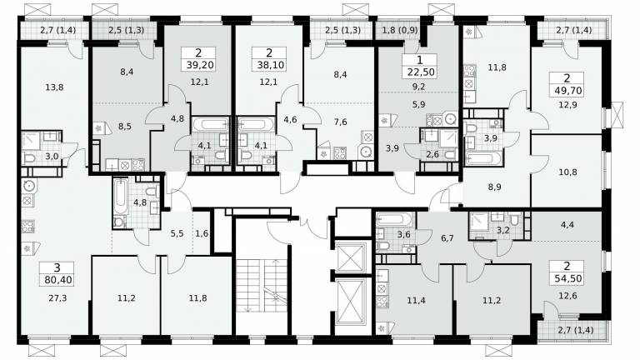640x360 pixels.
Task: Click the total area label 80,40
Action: (57, 280)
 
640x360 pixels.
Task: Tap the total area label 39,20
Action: (199, 65)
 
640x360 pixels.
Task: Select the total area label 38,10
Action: (269, 65)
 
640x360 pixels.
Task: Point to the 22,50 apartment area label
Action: (420, 72)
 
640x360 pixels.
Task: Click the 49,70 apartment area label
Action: (567, 90)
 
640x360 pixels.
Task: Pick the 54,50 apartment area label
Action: (567, 279)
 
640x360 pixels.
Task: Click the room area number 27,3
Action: (57, 298)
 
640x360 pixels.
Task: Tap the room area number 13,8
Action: (55, 87)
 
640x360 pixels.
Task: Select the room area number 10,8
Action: (567, 172)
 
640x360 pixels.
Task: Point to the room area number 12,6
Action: (567, 296)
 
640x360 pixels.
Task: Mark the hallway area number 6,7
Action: (447, 238)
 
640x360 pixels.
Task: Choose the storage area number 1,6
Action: (202, 233)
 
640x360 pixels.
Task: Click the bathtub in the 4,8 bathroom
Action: (121, 197)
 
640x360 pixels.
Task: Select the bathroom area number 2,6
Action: (432, 154)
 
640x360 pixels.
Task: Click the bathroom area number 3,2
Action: (503, 230)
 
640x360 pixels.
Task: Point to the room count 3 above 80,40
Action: (57, 267)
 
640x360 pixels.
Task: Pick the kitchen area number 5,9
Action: (419, 104)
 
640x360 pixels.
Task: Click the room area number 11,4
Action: (416, 301)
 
